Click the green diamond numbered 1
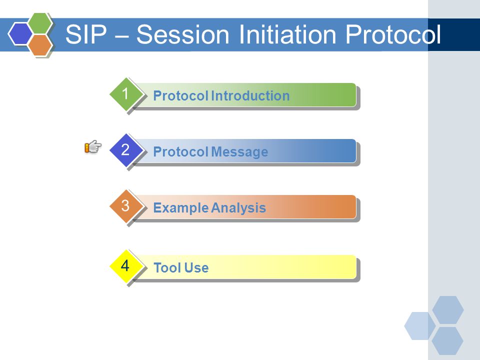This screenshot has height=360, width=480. (125, 94)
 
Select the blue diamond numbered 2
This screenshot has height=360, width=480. (125, 150)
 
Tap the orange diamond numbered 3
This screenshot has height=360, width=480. (125, 206)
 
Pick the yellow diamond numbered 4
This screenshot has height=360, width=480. (125, 266)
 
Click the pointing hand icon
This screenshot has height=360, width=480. (93, 147)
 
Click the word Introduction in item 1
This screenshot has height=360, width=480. (250, 96)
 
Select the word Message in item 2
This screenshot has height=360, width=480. (239, 152)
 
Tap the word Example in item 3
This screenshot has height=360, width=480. (180, 208)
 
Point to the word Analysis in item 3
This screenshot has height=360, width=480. (238, 208)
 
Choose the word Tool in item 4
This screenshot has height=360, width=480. (167, 268)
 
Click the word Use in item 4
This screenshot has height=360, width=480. (196, 268)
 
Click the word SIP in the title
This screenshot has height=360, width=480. (86, 34)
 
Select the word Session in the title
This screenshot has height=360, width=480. (183, 34)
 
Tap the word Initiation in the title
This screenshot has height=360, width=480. (287, 34)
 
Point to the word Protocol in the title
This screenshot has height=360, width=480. (393, 34)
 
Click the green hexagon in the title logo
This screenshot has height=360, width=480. (40, 23)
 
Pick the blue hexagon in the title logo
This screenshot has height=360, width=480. (20, 34)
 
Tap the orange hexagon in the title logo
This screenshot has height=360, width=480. (40, 45)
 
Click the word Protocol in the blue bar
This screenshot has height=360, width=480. (180, 152)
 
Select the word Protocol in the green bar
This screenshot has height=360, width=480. (180, 96)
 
